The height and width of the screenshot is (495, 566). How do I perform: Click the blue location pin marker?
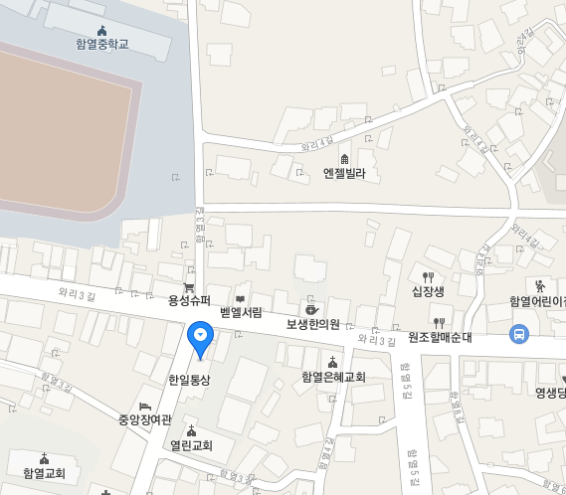(x=200, y=339)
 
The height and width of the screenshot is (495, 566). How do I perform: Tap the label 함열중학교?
(x=102, y=45)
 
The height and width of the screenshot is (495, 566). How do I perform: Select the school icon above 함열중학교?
(x=102, y=30)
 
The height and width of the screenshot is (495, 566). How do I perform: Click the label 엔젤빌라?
(x=345, y=174)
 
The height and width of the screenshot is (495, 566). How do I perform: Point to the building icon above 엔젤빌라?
(x=345, y=159)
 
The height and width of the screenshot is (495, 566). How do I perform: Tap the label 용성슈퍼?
(x=189, y=299)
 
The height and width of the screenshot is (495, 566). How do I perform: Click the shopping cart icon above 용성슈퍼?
(x=189, y=286)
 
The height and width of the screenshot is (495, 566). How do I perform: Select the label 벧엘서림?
(x=241, y=312)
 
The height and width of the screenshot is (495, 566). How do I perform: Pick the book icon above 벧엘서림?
(x=240, y=298)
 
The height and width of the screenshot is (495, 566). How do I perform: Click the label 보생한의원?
(x=313, y=324)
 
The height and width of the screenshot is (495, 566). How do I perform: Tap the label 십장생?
(x=429, y=291)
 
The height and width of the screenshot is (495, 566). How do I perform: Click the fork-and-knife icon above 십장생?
(x=429, y=276)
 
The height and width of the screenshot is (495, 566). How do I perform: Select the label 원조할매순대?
(x=439, y=336)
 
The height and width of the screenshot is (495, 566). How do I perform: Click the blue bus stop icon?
(x=518, y=335)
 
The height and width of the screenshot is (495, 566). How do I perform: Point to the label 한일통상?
(x=189, y=380)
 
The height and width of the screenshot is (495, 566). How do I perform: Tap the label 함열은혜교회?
(x=333, y=377)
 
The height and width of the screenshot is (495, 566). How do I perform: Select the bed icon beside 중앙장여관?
(x=145, y=407)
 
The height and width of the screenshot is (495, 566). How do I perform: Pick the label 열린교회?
(x=191, y=445)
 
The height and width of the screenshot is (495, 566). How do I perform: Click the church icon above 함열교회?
(x=44, y=458)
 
